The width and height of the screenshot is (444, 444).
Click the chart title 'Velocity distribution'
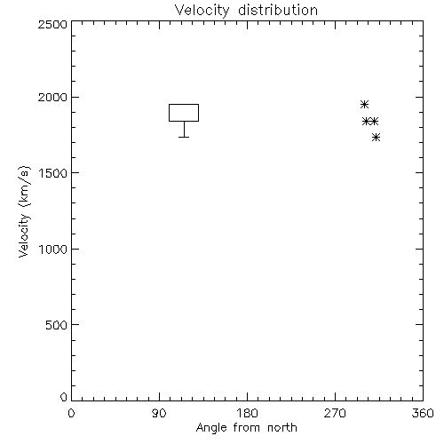pos(246,11)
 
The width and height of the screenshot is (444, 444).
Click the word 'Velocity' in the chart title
pos(202,11)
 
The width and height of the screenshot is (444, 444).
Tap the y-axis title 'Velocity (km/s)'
pos(24,211)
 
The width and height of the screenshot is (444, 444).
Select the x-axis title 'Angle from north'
pos(246,428)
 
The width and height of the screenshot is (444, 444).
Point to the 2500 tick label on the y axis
pos(52,24)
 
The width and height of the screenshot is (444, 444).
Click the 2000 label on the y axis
pos(52,97)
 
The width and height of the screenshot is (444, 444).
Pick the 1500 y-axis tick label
pos(53,173)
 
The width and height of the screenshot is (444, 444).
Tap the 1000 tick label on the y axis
pos(53,249)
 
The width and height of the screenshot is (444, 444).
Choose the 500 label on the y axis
pos(57,325)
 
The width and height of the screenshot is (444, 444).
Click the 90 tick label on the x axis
pos(159,413)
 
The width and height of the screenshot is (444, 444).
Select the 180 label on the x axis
pos(247,413)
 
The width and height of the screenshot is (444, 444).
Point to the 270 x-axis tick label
pos(335,413)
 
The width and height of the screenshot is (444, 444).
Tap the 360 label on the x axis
pos(423,413)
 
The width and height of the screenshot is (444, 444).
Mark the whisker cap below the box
pos(184,137)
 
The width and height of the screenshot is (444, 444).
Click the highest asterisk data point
pos(365,104)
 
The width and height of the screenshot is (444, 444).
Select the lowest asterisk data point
pos(377,138)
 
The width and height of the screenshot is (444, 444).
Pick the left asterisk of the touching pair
pos(367,122)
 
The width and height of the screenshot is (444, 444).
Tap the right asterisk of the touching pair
pos(375,122)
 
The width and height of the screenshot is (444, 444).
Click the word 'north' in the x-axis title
pos(282,428)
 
